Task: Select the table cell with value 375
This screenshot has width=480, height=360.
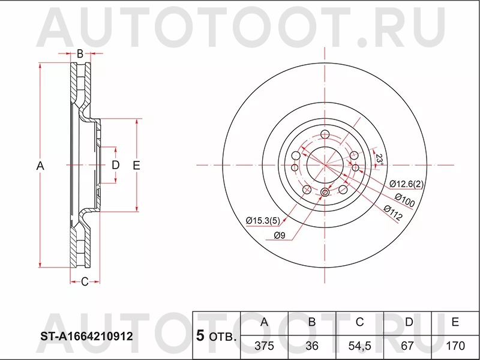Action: (263, 347)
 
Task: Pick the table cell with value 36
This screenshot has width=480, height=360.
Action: (311, 347)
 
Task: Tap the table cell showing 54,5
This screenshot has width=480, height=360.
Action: (359, 347)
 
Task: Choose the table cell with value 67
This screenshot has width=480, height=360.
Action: (408, 347)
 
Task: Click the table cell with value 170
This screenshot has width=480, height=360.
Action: (455, 347)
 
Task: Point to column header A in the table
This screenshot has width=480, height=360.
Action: (263, 322)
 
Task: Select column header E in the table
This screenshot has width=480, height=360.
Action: (455, 322)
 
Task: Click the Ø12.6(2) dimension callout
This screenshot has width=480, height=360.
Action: (406, 184)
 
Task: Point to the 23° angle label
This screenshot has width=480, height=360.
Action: (380, 158)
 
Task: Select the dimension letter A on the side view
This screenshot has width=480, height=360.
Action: (41, 166)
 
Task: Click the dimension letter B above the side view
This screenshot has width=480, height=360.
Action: (79, 54)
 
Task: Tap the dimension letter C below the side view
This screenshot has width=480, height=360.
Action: (85, 281)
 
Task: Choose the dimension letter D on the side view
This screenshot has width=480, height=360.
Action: (116, 165)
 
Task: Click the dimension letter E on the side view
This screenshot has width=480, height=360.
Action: (136, 166)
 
